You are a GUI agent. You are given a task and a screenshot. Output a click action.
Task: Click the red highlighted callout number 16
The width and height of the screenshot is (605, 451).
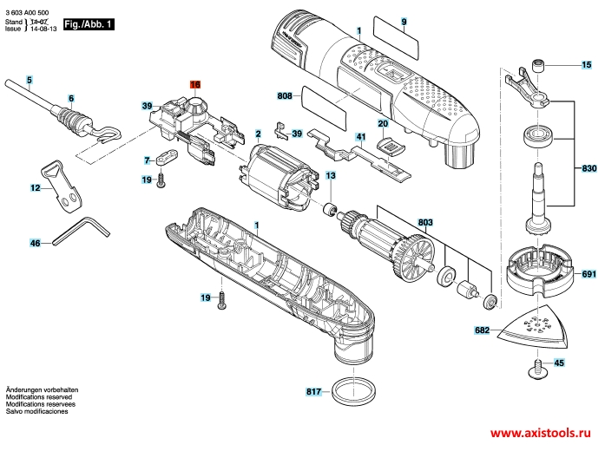pyautogui.click(x=195, y=84)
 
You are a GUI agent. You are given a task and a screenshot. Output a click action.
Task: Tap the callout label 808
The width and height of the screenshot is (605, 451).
pyautogui.click(x=284, y=96)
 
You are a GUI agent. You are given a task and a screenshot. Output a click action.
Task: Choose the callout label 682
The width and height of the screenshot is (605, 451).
pyautogui.click(x=483, y=330)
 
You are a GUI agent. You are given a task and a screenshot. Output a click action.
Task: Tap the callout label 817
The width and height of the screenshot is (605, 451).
pyautogui.click(x=313, y=392)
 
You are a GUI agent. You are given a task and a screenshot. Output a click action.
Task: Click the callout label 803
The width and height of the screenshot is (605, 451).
pyautogui.click(x=424, y=223)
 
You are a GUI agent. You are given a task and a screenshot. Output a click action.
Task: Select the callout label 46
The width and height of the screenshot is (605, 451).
pyautogui.click(x=36, y=244)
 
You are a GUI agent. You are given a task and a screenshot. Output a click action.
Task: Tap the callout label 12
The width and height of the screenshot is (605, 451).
pyautogui.click(x=36, y=188)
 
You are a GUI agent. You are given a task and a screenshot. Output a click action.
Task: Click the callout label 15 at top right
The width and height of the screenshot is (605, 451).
pyautogui.click(x=584, y=65)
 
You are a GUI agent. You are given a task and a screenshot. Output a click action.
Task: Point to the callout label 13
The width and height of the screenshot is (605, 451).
pyautogui.click(x=331, y=176)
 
